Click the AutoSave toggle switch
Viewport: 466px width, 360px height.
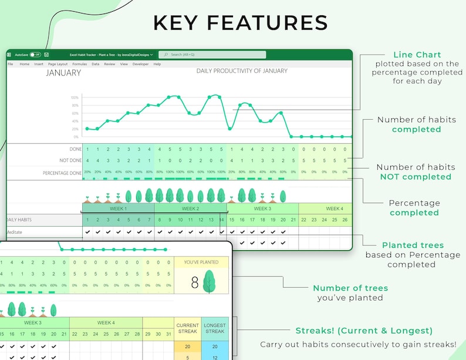35,55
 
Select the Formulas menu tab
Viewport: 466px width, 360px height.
79,64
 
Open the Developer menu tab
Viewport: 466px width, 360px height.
140,64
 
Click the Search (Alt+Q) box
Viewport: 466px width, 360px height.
212,55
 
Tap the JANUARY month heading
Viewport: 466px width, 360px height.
63,73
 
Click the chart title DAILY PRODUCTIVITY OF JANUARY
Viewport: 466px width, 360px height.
242,71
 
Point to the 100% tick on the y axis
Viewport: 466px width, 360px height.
75,97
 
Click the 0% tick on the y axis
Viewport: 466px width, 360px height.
76,136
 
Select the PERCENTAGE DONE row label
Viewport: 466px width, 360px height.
62,173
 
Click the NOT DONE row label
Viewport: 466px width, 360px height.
70,160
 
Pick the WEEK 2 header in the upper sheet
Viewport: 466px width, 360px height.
190,208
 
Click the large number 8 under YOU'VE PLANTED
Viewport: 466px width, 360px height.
195,283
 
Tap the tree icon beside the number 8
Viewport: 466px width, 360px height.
209,282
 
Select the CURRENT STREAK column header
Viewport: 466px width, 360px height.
188,328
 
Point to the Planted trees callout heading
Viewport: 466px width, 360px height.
413,245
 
